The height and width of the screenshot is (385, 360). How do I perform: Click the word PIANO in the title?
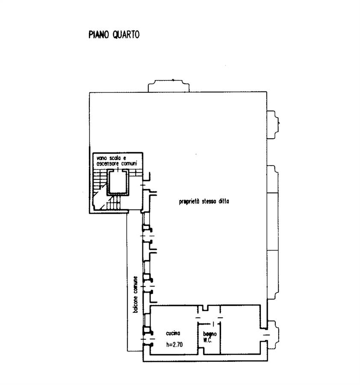click(x=98, y=34)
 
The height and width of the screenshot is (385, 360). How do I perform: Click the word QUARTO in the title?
click(x=126, y=34)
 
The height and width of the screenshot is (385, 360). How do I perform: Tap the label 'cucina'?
click(x=173, y=333)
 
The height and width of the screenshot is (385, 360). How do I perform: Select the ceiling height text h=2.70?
click(x=174, y=344)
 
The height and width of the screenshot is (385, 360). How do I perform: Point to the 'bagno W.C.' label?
click(x=210, y=337)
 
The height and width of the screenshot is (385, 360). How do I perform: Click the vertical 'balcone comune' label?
click(x=135, y=294)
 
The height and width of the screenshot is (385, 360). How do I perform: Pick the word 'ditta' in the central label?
click(x=224, y=201)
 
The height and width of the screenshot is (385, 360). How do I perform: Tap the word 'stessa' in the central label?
click(x=209, y=201)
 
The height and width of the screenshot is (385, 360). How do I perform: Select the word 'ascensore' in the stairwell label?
click(x=107, y=163)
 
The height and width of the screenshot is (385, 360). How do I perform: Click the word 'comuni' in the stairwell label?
click(x=129, y=163)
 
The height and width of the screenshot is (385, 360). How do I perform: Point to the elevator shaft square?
click(x=118, y=182)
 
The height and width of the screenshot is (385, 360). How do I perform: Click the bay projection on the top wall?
click(x=168, y=86)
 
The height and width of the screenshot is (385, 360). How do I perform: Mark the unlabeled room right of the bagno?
click(x=240, y=329)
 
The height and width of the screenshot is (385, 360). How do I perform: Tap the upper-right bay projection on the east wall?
click(x=273, y=125)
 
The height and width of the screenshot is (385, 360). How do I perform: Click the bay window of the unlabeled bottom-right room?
click(x=273, y=335)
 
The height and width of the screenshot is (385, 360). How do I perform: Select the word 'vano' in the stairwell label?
click(x=102, y=158)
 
